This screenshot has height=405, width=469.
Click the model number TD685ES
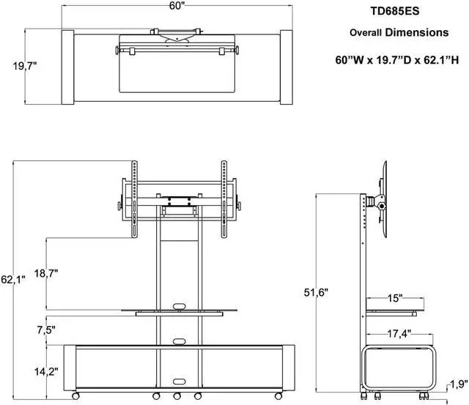[x=399, y=12]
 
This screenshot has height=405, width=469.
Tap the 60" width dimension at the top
[x=177, y=7]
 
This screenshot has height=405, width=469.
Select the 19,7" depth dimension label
[x=26, y=67]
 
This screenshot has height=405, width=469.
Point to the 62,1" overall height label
[x=12, y=279]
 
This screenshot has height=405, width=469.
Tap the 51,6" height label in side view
[x=316, y=292]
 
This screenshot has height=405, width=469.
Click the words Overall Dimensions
[x=399, y=33]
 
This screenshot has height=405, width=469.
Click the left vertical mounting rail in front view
[x=134, y=198]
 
